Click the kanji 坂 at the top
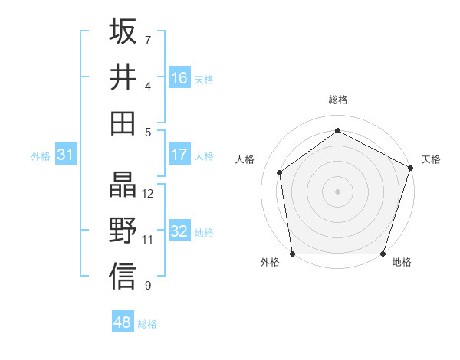point(123,31)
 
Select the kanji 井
point(123,77)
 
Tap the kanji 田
point(123,123)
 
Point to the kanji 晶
point(123,185)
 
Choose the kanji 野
point(123,231)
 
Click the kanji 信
point(123,277)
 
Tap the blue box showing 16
point(179,78)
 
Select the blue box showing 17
point(179,155)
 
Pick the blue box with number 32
point(179,232)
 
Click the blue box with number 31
point(66,155)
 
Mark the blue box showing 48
point(122,322)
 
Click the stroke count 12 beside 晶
point(148,194)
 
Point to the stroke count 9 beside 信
point(147,286)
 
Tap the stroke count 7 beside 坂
point(147,40)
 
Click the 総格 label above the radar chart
point(338,100)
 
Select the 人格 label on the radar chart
point(245,159)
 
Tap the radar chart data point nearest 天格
point(411,168)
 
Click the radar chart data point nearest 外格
point(292,254)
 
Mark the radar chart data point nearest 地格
point(383,254)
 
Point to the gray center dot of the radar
point(338,191)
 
